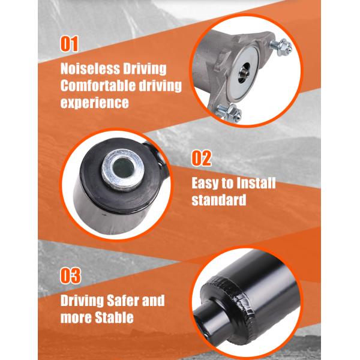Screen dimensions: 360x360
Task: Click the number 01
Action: pyautogui.click(x=69, y=44)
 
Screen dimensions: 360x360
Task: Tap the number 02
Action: pyautogui.click(x=202, y=158)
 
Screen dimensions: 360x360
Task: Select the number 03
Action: pyautogui.click(x=70, y=275)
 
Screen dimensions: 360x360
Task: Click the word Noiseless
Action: pyautogui.click(x=90, y=68)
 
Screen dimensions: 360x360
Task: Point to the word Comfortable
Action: pyautogui.click(x=98, y=85)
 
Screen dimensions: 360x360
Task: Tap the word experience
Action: pyautogui.click(x=95, y=103)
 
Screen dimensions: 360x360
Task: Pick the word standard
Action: pyautogui.click(x=219, y=200)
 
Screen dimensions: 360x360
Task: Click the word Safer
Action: pyautogui.click(x=123, y=301)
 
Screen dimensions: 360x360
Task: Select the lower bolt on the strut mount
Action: pyautogui.click(x=229, y=113)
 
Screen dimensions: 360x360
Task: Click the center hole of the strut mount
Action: pyautogui.click(x=244, y=73)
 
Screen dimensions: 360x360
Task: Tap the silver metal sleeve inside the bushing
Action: pyautogui.click(x=123, y=170)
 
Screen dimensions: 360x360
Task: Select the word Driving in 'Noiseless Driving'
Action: pyautogui.click(x=145, y=68)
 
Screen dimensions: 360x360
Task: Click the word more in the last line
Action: pyautogui.click(x=76, y=318)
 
